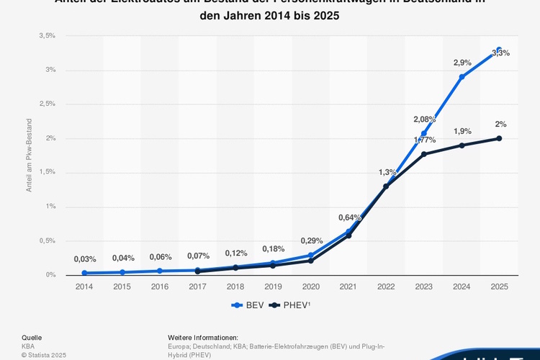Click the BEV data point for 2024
point(462,76)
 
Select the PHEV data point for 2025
point(499,138)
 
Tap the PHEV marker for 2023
point(424,154)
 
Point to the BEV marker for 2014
point(84,273)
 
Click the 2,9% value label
point(462,63)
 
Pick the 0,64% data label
point(349,217)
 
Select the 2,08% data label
point(424,119)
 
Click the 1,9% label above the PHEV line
point(462,131)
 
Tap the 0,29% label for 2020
point(311,240)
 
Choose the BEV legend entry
point(248,305)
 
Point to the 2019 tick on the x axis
point(273,287)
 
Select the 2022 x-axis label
point(386,287)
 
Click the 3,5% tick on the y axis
point(47,35)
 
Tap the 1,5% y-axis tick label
point(47,172)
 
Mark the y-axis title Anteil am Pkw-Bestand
point(30,155)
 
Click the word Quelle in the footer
point(32,337)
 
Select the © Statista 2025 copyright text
point(44,354)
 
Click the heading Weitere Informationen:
point(203,337)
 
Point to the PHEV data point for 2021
point(348,235)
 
